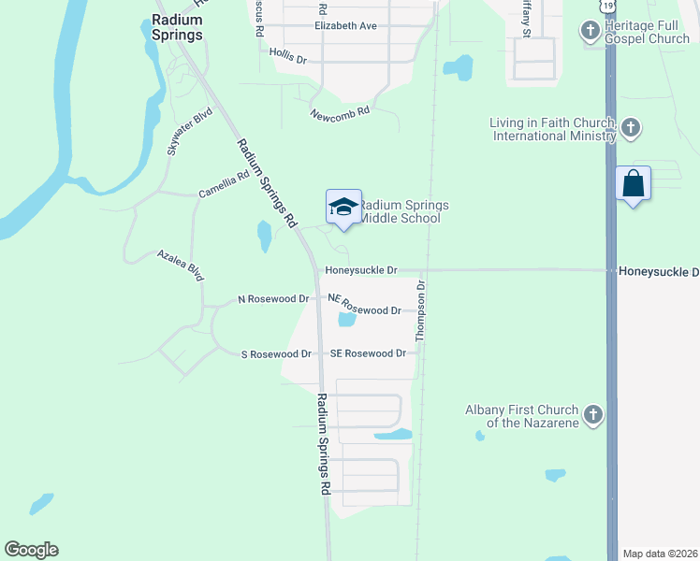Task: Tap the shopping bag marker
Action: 634,183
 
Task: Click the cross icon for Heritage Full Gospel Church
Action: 591,32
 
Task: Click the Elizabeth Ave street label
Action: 345,26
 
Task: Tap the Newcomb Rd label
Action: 341,112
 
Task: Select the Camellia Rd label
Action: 225,184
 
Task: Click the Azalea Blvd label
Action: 181,266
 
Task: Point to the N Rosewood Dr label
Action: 273,299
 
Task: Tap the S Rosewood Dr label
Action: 276,354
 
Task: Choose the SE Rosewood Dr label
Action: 368,353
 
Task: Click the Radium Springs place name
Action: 176,27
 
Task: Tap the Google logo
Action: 31,550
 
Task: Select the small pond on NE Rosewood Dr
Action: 346,320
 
